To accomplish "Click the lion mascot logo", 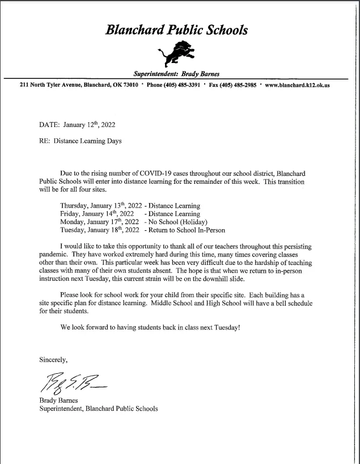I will click(176, 54).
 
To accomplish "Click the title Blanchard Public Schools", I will click(176, 30).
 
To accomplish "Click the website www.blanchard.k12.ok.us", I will click(298, 85).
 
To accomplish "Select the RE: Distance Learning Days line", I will click(80, 141).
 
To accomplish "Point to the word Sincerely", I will click(53, 360).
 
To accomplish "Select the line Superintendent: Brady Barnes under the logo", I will click(176, 74).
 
